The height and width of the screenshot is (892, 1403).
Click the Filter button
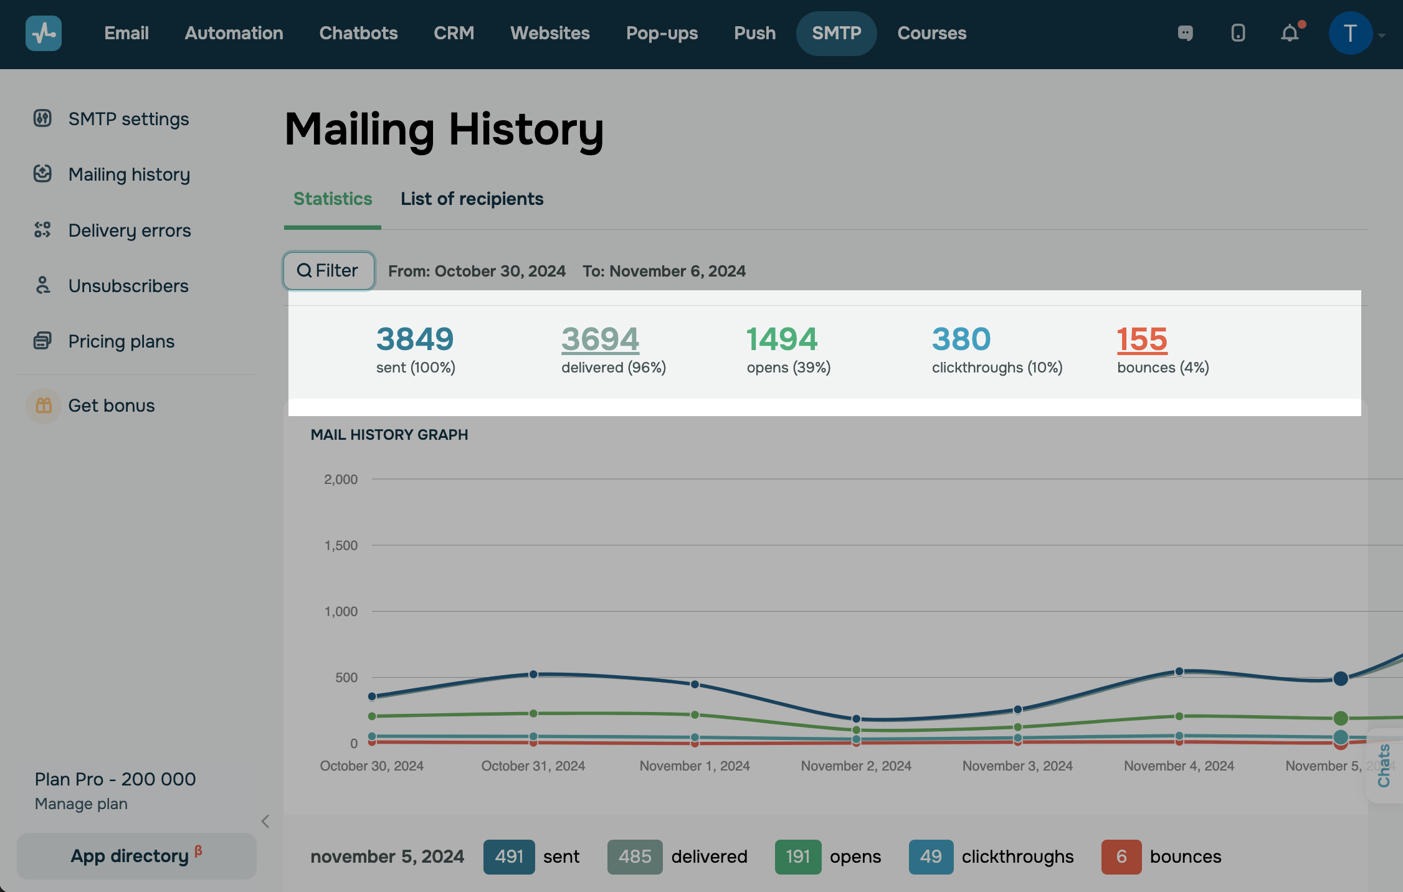coord(328,271)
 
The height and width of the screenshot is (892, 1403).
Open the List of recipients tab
coord(472,199)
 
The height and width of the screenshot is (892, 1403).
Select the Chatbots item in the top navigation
coord(358,33)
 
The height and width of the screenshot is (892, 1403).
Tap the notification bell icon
coord(1290,33)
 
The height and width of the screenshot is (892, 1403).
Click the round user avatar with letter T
coord(1349,33)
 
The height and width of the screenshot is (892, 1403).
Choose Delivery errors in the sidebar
coord(129,230)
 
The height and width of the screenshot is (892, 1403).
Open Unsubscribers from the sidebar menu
coord(128,286)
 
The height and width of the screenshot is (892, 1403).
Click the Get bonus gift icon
coord(44,406)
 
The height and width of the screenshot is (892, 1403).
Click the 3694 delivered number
coord(600,339)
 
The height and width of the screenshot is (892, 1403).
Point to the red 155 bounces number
coord(1141,339)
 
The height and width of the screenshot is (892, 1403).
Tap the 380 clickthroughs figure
coord(961,339)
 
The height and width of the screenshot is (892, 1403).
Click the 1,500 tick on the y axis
coord(341,546)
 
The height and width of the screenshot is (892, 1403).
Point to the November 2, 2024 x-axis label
coord(856,766)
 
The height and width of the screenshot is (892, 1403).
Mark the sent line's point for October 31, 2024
coord(533,674)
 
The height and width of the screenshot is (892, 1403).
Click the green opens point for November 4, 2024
coord(1179,716)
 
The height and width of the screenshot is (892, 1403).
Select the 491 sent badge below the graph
coord(508,856)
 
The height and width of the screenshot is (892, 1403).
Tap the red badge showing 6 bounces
coord(1121,856)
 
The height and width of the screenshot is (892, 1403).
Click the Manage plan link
coord(81,804)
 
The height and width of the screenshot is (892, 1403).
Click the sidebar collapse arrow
coord(265,822)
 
